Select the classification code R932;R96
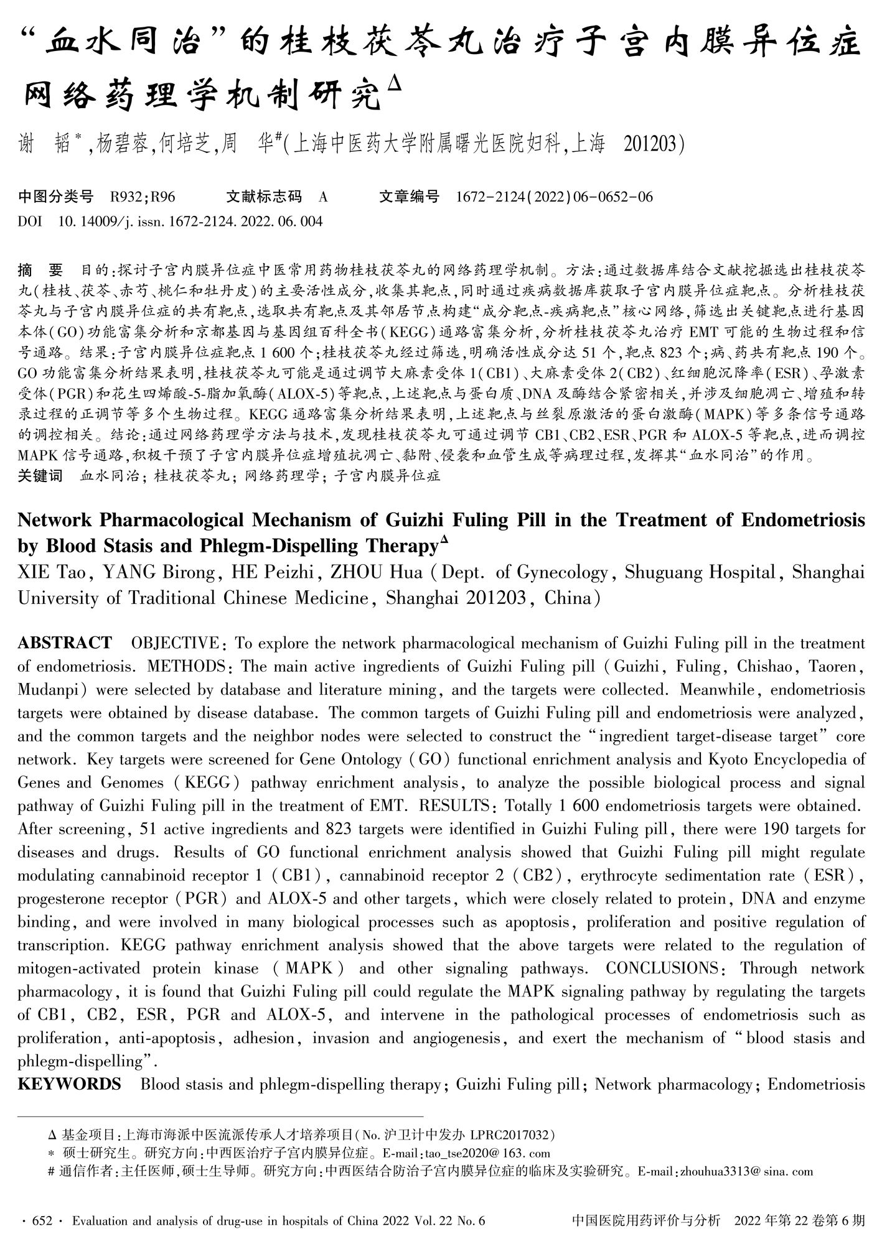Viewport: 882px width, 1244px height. coord(143,197)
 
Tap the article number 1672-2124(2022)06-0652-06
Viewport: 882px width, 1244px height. coord(555,197)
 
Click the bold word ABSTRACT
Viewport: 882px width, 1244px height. coord(65,643)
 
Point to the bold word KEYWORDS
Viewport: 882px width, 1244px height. coord(69,1084)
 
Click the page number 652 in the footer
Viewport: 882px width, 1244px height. coord(43,1220)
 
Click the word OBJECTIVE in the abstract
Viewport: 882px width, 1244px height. coord(174,643)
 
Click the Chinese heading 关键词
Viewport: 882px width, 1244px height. coord(40,476)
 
